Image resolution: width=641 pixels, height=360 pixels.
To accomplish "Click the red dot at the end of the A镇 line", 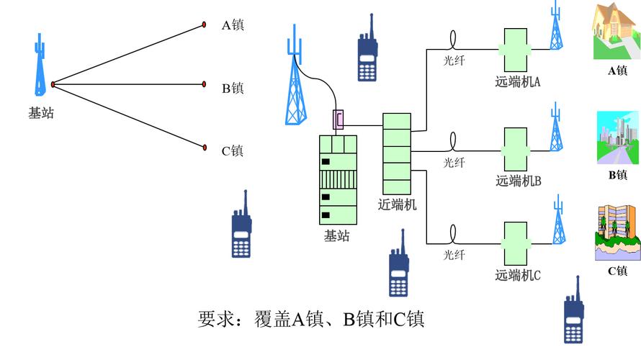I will (x=204, y=27).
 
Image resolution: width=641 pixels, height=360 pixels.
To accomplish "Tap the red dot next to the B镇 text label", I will (x=204, y=85).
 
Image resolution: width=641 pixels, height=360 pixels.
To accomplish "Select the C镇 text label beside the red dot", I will (x=232, y=150).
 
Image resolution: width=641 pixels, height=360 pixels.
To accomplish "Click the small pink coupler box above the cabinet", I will (x=338, y=119).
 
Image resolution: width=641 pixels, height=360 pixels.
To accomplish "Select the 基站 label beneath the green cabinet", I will (x=336, y=235).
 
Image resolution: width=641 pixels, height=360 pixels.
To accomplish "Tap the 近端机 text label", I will (x=398, y=204).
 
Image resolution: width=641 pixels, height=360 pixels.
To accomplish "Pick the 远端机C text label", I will (x=518, y=275).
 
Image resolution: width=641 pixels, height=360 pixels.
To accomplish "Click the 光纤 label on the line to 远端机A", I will (x=454, y=61).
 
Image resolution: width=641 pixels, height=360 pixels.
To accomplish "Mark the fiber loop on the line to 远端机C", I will (x=454, y=233).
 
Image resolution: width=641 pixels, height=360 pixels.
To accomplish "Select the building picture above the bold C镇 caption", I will (x=617, y=232).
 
